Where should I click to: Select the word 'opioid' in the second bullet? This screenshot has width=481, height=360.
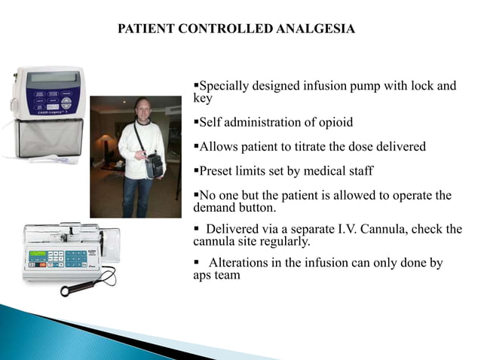tap(335, 122)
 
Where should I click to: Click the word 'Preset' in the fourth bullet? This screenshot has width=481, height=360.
tap(218, 170)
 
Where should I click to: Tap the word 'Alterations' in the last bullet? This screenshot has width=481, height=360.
tap(239, 263)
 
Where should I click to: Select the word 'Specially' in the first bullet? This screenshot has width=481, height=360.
tap(223, 86)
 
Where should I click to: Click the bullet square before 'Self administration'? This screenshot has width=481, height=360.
tap(196, 122)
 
